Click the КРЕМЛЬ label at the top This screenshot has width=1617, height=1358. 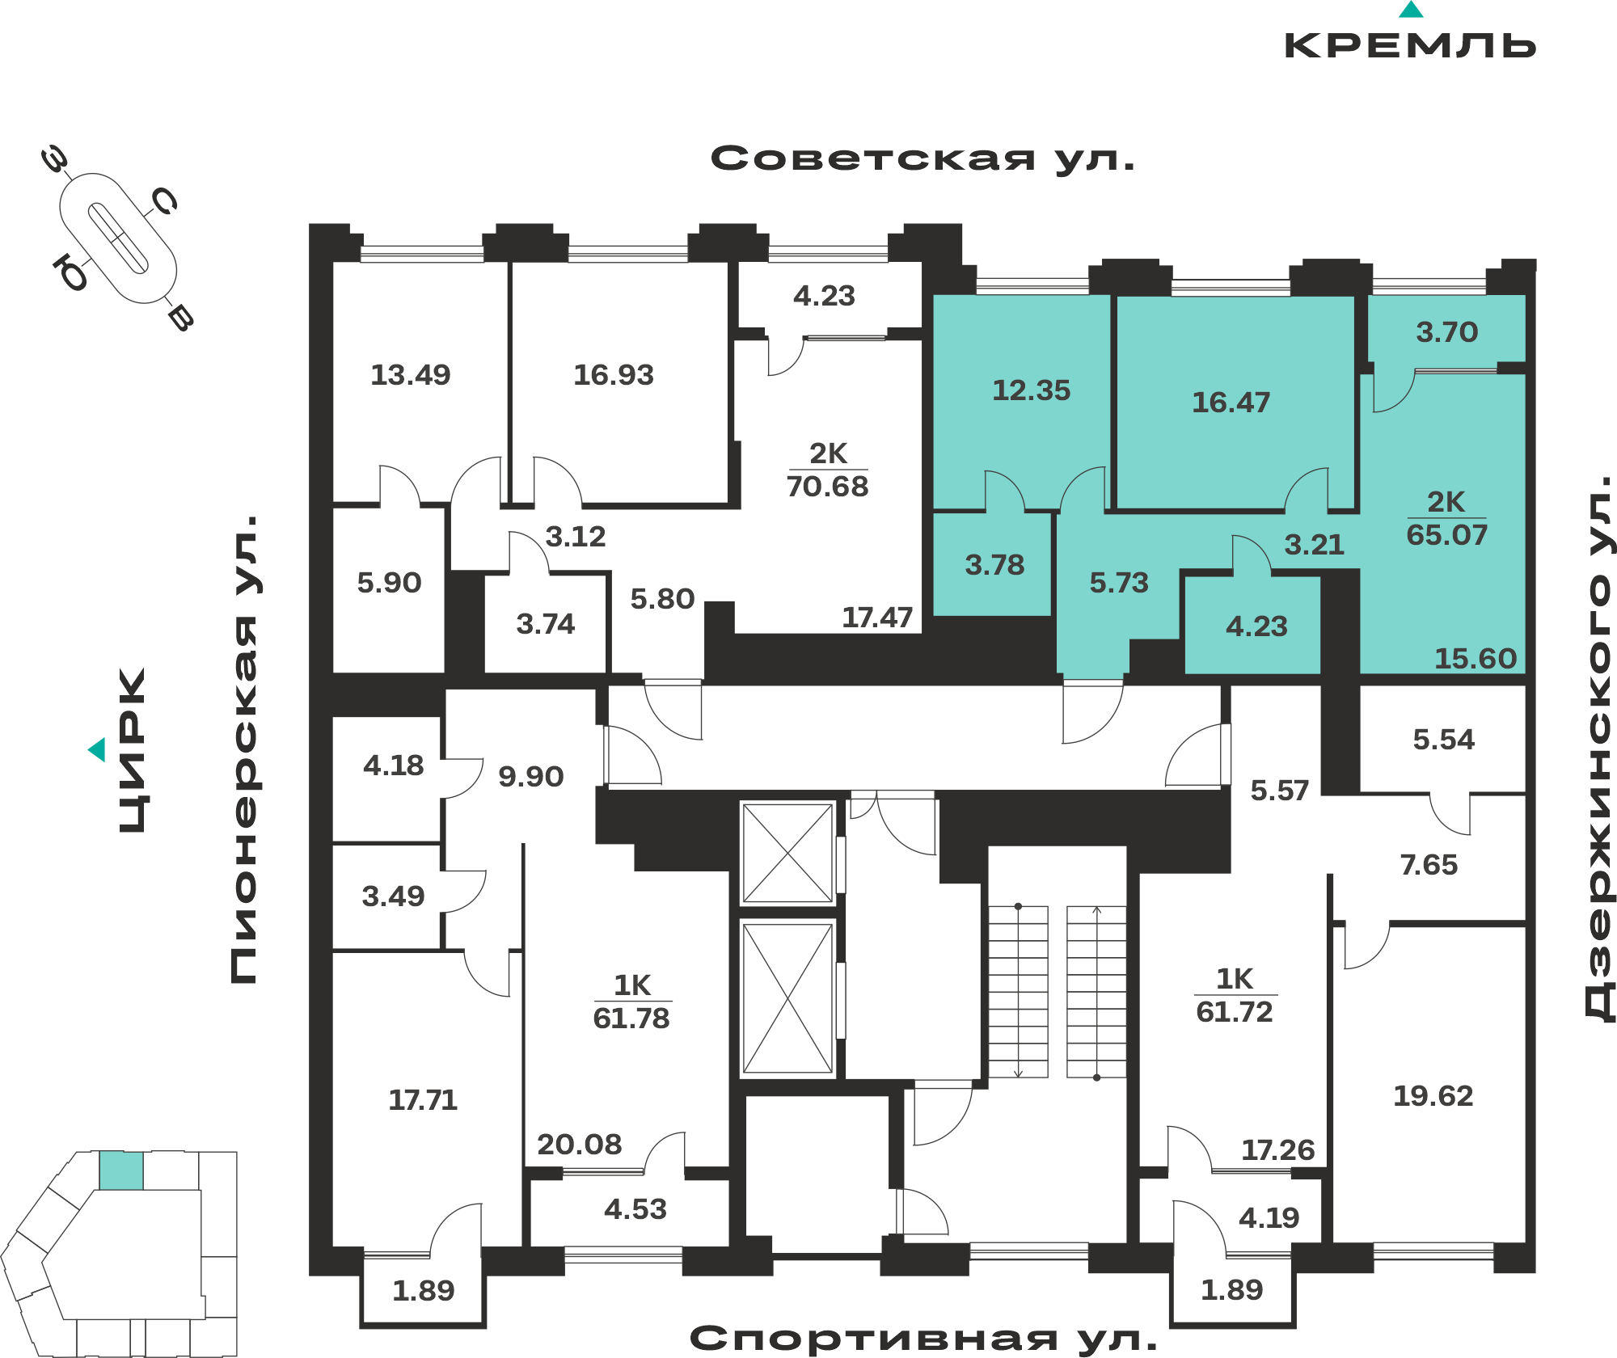pyautogui.click(x=1410, y=45)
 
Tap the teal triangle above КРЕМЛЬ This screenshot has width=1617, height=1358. pyautogui.click(x=1411, y=10)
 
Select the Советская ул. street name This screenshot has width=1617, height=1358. pyautogui.click(x=922, y=158)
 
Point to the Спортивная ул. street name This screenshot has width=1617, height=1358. pyautogui.click(x=923, y=1339)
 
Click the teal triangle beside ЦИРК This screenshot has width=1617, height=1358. pyautogui.click(x=97, y=749)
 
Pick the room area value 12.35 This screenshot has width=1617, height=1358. pyautogui.click(x=1031, y=390)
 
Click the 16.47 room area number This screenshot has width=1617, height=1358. pyautogui.click(x=1231, y=403)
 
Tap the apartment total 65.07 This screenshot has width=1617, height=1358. pyautogui.click(x=1446, y=535)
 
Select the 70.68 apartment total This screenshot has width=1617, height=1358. pyautogui.click(x=827, y=487)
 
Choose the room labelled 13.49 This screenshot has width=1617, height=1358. pyautogui.click(x=410, y=375)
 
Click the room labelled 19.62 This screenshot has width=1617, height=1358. pyautogui.click(x=1433, y=1096)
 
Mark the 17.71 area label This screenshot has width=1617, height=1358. pyautogui.click(x=423, y=1100)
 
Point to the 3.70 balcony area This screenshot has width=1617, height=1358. pyautogui.click(x=1446, y=332)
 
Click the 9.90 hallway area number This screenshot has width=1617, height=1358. pyautogui.click(x=530, y=777)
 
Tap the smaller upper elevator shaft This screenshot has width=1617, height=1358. pyautogui.click(x=787, y=852)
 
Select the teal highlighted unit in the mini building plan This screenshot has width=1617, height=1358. pyautogui.click(x=121, y=1170)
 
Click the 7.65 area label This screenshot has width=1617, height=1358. pyautogui.click(x=1429, y=865)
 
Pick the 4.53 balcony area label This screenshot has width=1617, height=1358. pyautogui.click(x=635, y=1209)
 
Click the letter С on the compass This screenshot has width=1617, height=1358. pyautogui.click(x=164, y=200)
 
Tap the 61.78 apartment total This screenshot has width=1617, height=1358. pyautogui.click(x=631, y=1018)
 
